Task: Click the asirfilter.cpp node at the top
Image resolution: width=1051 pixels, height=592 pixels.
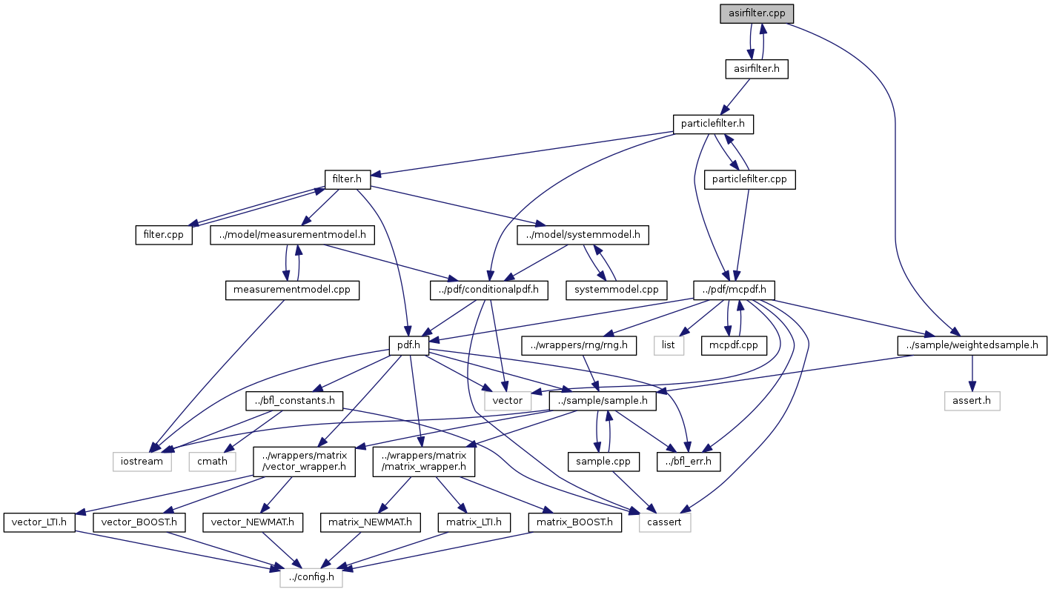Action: tap(757, 13)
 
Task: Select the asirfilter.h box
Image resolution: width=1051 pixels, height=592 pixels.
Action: tap(756, 69)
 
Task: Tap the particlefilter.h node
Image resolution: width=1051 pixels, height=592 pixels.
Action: tap(713, 124)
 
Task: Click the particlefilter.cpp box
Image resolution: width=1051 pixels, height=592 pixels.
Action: tap(749, 179)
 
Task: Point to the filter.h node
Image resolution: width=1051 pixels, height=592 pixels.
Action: tap(347, 179)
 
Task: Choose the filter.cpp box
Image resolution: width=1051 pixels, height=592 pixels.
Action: tap(164, 235)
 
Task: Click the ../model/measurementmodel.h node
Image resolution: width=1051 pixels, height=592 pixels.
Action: tap(292, 235)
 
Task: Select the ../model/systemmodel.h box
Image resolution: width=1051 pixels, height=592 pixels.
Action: tap(583, 235)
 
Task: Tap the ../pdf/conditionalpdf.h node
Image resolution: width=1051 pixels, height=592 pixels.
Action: tap(489, 290)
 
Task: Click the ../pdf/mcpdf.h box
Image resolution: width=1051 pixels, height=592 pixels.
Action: tap(734, 290)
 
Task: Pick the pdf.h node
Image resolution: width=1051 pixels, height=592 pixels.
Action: tap(408, 346)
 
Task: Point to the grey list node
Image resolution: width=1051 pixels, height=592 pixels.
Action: tap(669, 346)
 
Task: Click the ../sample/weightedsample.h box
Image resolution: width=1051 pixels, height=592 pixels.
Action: tap(972, 346)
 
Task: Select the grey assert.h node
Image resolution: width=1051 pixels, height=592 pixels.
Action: tap(972, 401)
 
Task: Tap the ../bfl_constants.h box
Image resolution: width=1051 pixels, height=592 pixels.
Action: tap(294, 401)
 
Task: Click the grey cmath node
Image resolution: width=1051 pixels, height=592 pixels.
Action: tap(212, 462)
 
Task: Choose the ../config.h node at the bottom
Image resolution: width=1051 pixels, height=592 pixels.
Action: tap(311, 577)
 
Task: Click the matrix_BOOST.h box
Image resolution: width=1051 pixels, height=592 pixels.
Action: tap(574, 522)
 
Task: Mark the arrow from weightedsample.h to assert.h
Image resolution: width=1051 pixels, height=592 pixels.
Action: tap(972, 373)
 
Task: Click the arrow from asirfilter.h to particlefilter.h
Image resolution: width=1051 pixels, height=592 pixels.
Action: tap(736, 96)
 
